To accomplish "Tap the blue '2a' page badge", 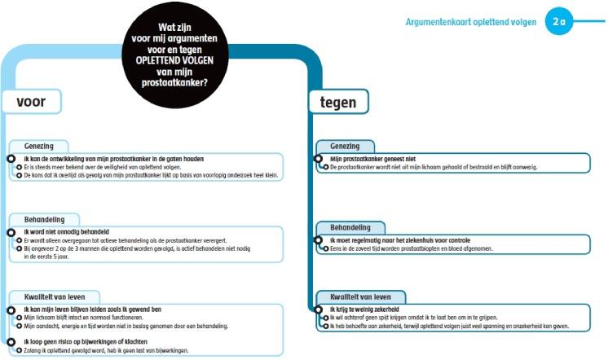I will (x=558, y=22).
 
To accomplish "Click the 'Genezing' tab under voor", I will (x=40, y=145).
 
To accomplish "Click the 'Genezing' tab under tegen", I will (x=345, y=145).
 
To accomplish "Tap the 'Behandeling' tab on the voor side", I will (x=44, y=219).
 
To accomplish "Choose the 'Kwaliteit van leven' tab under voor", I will (x=55, y=296).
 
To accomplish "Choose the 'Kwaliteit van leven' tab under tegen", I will (x=360, y=296).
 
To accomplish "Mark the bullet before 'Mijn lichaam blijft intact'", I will (x=19, y=318).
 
